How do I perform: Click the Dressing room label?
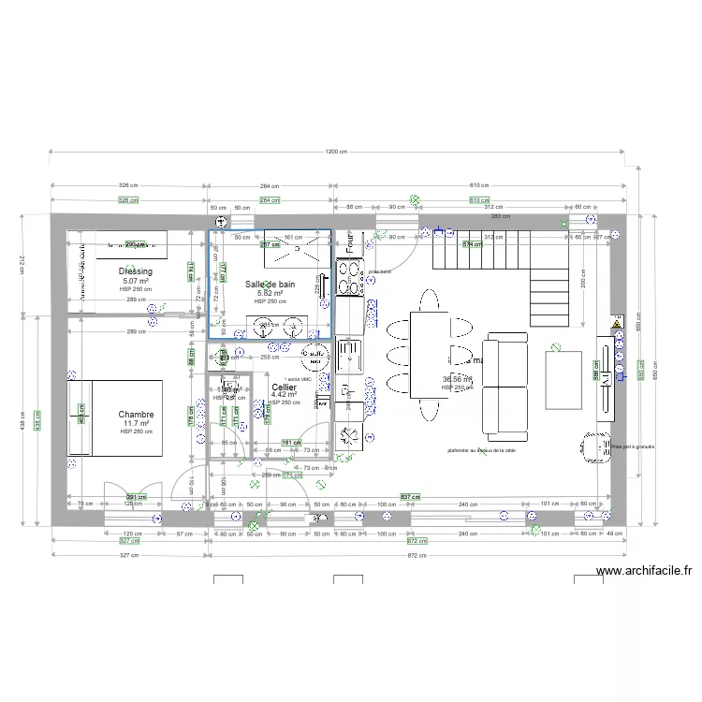coord(136,271)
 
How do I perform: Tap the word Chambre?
coord(136,414)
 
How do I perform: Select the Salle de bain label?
coord(271,284)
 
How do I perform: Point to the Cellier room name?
coord(285,387)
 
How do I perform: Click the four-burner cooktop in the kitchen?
coord(350,278)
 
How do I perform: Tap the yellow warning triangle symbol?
coord(616,325)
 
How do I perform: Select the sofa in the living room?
coord(505,385)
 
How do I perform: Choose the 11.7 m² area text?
coord(136,423)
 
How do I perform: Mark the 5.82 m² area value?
coord(271,293)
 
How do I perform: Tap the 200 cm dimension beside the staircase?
coord(583,284)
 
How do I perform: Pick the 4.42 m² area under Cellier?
coord(284,395)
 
